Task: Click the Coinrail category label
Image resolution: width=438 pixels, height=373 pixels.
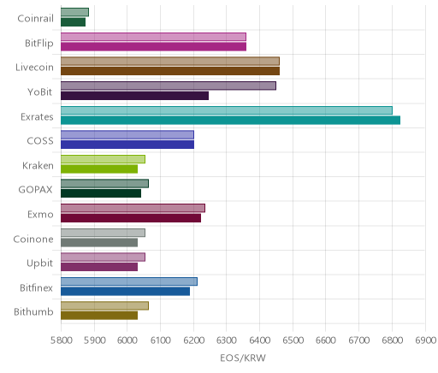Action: pos(35,18)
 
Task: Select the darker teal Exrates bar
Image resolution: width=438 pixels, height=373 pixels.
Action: pos(230,121)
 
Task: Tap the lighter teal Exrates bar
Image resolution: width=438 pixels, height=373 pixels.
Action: pos(227,110)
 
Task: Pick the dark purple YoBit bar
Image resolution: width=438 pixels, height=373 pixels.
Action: pos(134,96)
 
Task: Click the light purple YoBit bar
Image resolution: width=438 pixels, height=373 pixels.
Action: pos(169,86)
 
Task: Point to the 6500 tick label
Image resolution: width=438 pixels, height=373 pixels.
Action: pos(293,340)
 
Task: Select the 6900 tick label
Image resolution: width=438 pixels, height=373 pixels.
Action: pos(425,340)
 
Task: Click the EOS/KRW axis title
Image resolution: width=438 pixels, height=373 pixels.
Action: pos(243,358)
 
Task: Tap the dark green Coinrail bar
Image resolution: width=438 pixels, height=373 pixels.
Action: pos(73,22)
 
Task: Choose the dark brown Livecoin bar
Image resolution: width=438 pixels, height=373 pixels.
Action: pos(170,71)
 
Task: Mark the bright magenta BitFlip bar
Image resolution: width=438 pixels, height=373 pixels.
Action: pos(153,47)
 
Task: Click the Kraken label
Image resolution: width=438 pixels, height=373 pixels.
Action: pos(38,165)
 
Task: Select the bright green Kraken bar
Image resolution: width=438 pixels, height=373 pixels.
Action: pos(99,169)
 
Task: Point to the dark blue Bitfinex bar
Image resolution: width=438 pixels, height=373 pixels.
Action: pos(125,292)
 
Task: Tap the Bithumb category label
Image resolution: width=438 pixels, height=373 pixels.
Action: pos(33,311)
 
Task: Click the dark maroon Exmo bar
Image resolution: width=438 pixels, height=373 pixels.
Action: pos(131,218)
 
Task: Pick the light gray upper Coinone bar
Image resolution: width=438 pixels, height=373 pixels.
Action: pos(103,233)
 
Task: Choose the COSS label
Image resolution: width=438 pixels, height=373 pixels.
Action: pos(40,141)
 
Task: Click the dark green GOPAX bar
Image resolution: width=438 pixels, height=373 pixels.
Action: pos(101,193)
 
